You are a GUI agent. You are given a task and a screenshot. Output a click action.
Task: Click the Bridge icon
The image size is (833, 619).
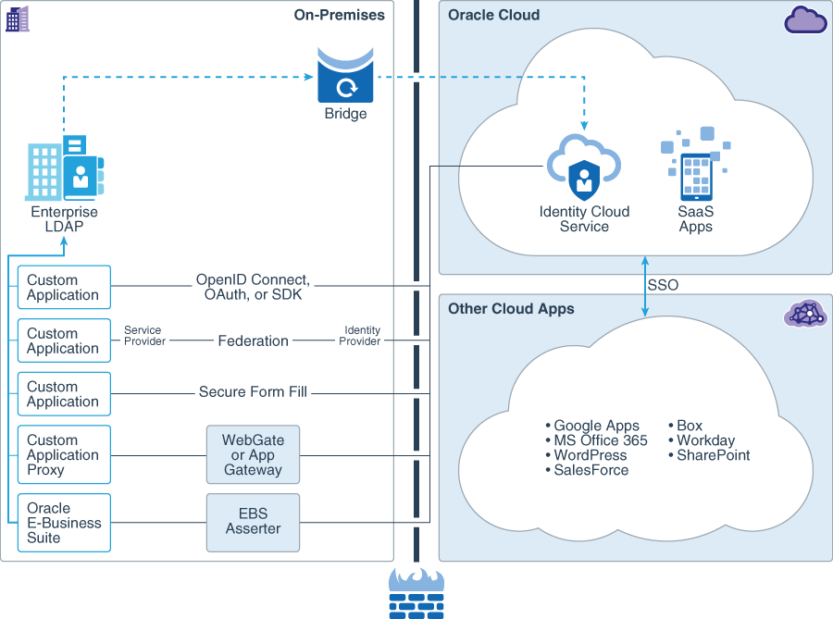pyautogui.click(x=345, y=78)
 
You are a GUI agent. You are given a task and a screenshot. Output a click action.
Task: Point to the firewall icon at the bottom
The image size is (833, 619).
pyautogui.click(x=416, y=593)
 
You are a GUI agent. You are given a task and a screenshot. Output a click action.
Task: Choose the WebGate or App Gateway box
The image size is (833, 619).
pyautogui.click(x=253, y=454)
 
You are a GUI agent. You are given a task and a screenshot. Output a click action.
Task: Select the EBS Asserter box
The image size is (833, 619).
pyautogui.click(x=253, y=522)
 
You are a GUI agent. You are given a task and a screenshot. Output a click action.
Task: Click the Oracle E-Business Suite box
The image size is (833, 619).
pyautogui.click(x=64, y=523)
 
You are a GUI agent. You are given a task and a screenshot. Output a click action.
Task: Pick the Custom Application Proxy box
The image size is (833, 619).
pyautogui.click(x=64, y=454)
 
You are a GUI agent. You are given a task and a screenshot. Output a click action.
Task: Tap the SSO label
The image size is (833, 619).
pyautogui.click(x=663, y=285)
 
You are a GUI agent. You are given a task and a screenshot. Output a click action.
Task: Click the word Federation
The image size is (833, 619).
pyautogui.click(x=253, y=340)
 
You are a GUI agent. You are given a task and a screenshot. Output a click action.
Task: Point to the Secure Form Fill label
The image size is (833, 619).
pyautogui.click(x=253, y=392)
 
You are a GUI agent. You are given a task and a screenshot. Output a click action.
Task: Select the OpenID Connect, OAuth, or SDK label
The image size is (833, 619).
pyautogui.click(x=253, y=287)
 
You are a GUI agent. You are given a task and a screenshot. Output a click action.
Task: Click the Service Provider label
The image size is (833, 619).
pyautogui.click(x=144, y=336)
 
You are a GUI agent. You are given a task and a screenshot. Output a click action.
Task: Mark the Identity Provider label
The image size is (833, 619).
pyautogui.click(x=362, y=336)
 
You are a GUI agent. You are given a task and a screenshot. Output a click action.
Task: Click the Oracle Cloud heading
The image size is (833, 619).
pyautogui.click(x=493, y=15)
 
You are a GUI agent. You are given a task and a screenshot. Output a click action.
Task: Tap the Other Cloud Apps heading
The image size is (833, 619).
pyautogui.click(x=511, y=308)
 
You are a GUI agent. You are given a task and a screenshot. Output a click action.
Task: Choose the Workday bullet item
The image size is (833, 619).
pyautogui.click(x=705, y=440)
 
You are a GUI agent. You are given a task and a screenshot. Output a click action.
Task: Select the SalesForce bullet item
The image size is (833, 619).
pyautogui.click(x=591, y=470)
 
